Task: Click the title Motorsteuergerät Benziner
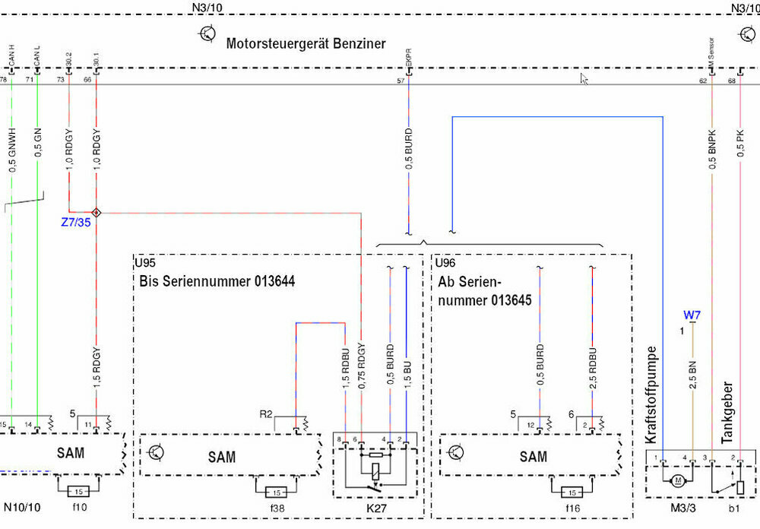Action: coord(306,43)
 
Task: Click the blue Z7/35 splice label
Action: coord(77,223)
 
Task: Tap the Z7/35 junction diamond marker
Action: coord(96,213)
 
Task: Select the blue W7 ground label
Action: coord(692,315)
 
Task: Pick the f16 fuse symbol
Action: coord(572,491)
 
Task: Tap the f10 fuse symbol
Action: coord(79,490)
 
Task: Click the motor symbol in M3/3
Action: coord(676,481)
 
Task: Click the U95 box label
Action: coord(146,264)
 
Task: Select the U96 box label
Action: coord(445,264)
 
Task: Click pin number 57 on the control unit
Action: coord(401,80)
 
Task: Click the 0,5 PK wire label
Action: coord(739,142)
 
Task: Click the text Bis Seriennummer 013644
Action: coord(217,282)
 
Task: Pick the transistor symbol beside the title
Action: coord(207,33)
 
